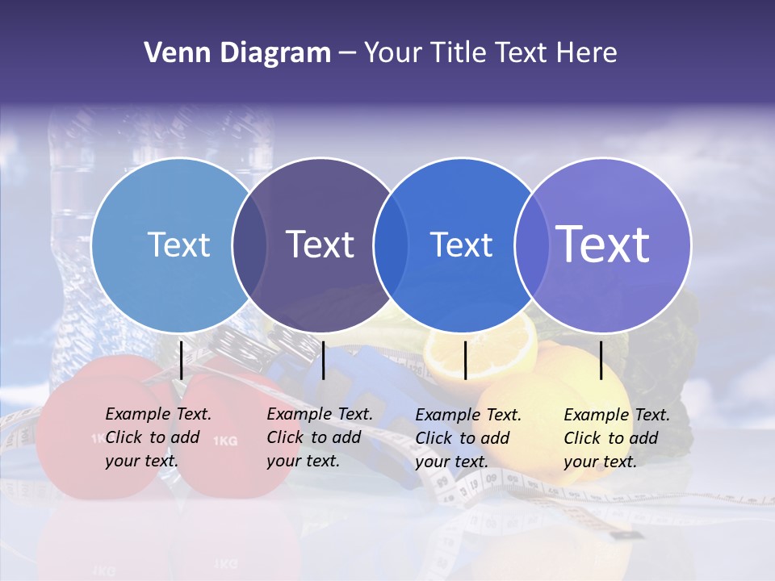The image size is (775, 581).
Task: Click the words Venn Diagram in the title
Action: [237, 53]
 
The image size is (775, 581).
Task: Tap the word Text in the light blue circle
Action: [178, 245]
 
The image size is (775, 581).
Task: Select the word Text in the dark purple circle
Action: [320, 245]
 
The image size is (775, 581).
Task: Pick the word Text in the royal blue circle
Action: [461, 245]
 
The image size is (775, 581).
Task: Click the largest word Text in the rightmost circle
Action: [603, 244]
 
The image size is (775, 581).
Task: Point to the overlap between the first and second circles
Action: [249, 245]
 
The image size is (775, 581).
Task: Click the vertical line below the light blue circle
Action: [182, 360]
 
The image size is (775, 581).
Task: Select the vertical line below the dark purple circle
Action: [323, 360]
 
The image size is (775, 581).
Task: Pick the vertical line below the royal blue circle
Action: [465, 360]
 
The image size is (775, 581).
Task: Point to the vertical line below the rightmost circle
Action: [601, 360]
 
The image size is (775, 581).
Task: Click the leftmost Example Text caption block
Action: [157, 437]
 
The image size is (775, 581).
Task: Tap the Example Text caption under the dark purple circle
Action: [319, 437]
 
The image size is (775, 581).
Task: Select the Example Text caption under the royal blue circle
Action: [467, 438]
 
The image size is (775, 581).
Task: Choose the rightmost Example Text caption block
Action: [616, 438]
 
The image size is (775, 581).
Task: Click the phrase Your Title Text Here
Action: [490, 53]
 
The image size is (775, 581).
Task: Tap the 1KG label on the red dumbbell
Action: [225, 441]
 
